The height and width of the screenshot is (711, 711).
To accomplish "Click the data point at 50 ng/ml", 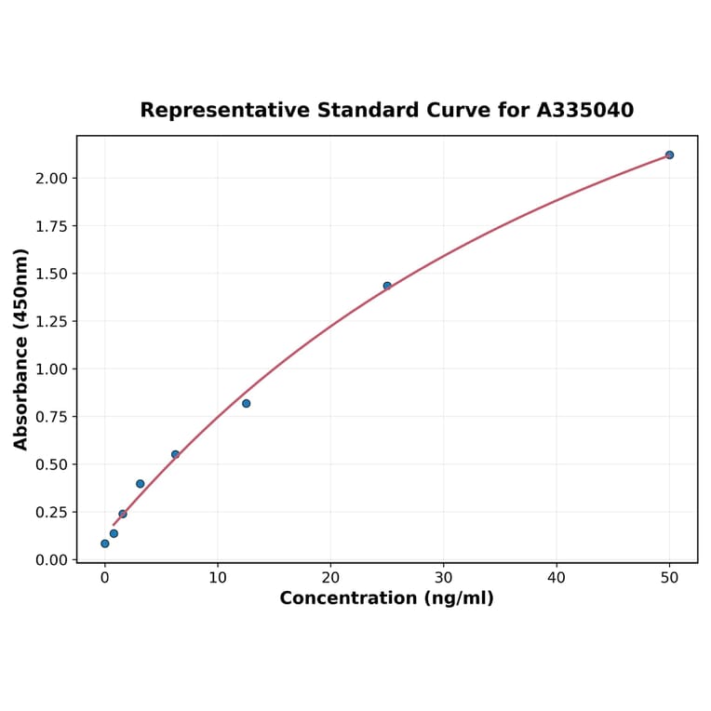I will click(x=669, y=154).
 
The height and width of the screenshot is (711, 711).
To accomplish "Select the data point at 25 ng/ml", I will click(x=387, y=286).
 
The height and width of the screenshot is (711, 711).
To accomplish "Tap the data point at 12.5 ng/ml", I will click(x=246, y=403).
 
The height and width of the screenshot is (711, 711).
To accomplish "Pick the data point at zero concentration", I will click(x=105, y=543).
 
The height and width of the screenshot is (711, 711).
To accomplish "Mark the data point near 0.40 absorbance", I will click(x=141, y=484).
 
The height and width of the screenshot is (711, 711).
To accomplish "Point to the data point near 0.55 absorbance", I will click(x=175, y=454).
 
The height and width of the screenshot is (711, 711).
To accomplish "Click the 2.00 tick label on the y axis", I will click(x=52, y=179).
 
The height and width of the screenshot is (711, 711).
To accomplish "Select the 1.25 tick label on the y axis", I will click(x=52, y=322).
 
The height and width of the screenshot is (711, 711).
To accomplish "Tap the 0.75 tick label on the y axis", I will click(x=52, y=417).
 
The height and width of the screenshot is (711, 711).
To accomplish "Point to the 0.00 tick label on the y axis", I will click(x=52, y=560).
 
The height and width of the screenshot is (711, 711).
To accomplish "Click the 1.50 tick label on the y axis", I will click(x=52, y=274).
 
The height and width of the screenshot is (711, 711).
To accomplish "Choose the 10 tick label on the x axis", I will click(x=218, y=578).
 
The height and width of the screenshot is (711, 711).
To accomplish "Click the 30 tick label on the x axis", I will click(x=443, y=578).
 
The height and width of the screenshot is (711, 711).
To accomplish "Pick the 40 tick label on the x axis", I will click(x=557, y=578).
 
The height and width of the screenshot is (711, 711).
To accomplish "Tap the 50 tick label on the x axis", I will click(x=669, y=578).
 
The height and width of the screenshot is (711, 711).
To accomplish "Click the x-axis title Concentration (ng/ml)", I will click(x=386, y=598).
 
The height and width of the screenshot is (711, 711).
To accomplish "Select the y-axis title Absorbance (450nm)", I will click(x=21, y=349).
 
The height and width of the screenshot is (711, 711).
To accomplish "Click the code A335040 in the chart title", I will click(x=585, y=111).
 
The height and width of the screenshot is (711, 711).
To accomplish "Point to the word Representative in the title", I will click(x=224, y=111).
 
